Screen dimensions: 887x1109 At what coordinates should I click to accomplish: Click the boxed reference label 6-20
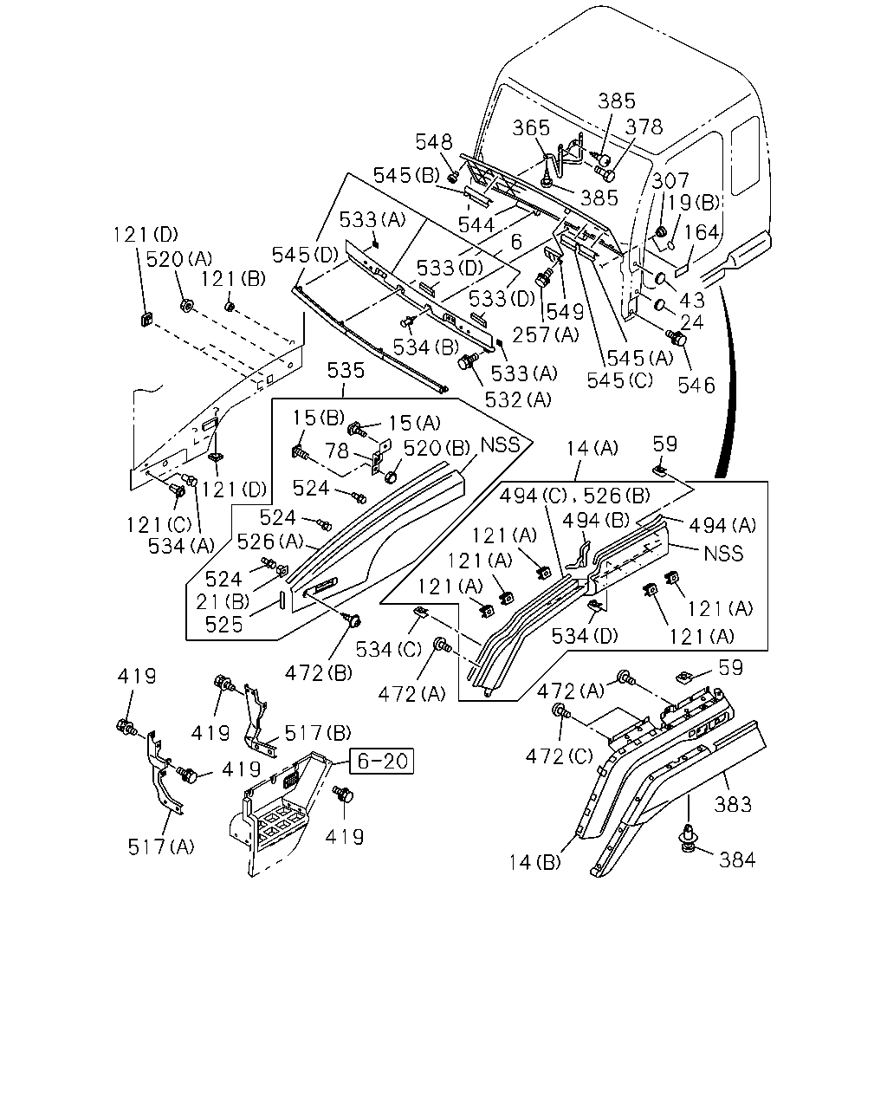[x=381, y=761]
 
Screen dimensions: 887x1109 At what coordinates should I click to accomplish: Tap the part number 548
[x=434, y=142]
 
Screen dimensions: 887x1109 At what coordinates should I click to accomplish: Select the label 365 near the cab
[x=531, y=128]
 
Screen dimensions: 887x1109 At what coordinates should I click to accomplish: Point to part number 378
[x=644, y=126]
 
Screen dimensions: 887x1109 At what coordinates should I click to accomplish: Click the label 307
[x=670, y=181]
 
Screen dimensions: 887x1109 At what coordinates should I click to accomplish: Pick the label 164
[x=701, y=232]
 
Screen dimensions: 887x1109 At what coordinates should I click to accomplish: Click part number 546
[x=696, y=385]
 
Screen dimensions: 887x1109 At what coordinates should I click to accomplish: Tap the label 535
[x=346, y=370]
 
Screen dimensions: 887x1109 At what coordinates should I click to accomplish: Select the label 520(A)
[x=178, y=259]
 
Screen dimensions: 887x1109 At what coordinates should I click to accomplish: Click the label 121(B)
[x=233, y=279]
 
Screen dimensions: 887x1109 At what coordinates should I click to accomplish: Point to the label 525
[x=223, y=625]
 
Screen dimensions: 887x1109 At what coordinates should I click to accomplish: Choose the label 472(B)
[x=319, y=672]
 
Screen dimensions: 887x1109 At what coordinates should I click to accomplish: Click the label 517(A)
[x=161, y=846]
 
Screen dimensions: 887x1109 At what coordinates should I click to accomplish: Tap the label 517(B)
[x=318, y=732]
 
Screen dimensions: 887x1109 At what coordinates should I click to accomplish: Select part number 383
[x=732, y=804]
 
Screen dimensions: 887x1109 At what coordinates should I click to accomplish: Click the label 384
[x=737, y=859]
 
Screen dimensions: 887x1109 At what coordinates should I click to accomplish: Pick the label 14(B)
[x=534, y=862]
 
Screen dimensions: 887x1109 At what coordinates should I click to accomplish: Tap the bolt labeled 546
[x=677, y=338]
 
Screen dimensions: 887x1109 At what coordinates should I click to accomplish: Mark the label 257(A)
[x=546, y=334]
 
